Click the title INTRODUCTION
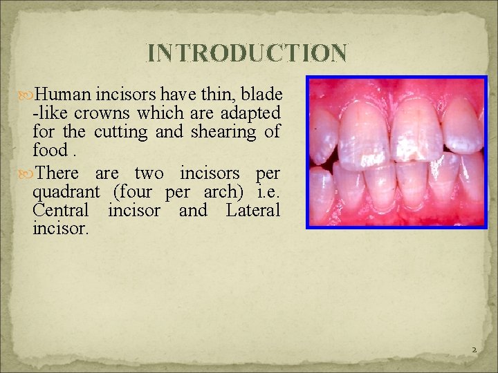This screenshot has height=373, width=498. pyautogui.click(x=248, y=53)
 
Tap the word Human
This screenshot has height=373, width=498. pyautogui.click(x=63, y=94)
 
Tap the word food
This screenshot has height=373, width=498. pyautogui.click(x=49, y=150)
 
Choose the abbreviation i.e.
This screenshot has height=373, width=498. pyautogui.click(x=268, y=191)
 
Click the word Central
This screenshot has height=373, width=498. pyautogui.click(x=60, y=210)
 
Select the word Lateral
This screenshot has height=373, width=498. pyautogui.click(x=252, y=210)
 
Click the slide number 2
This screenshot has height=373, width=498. pyautogui.click(x=474, y=350)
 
